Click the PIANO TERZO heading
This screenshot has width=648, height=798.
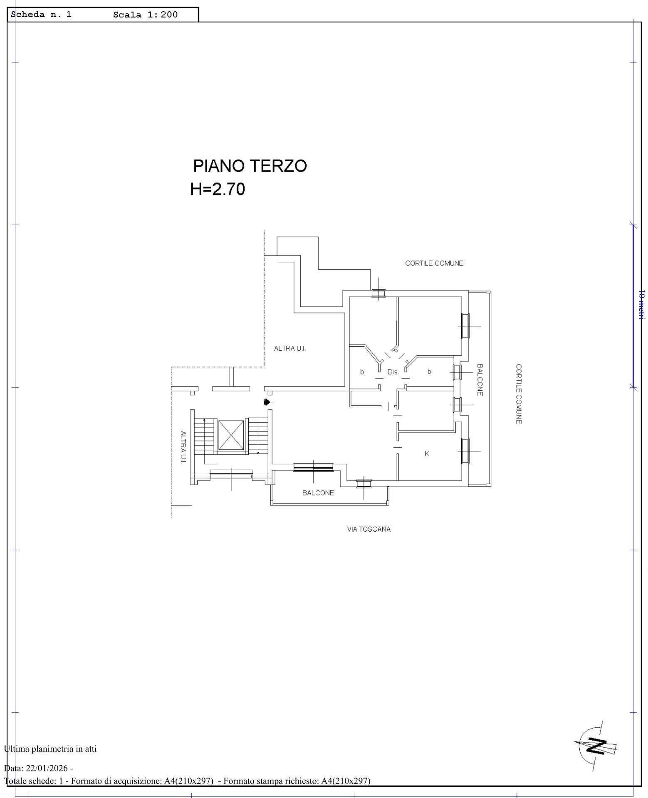pos(250,166)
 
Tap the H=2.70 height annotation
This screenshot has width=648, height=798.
pos(218,189)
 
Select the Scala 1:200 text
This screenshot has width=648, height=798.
pos(145,15)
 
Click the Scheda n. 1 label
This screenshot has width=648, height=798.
pos(41,14)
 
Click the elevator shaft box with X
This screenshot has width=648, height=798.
pos(231,435)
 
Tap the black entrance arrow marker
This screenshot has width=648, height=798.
pos(267,402)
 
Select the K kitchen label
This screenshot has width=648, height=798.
pos(427,454)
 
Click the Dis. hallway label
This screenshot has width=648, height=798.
pos(393,372)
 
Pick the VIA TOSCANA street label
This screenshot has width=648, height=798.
pos(369,529)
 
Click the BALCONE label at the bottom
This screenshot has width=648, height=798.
pos(318,493)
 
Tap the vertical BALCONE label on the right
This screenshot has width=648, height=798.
pos(480,380)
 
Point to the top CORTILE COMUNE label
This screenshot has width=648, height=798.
pos(434,263)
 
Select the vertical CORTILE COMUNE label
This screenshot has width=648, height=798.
pos(519,394)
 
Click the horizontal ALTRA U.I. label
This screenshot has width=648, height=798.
pos(290,349)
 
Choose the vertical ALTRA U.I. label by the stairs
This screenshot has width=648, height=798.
pos(183,447)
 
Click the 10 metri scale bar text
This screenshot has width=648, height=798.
pos(641,305)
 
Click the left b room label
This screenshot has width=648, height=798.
pos(362,372)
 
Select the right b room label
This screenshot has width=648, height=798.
pos(429,372)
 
